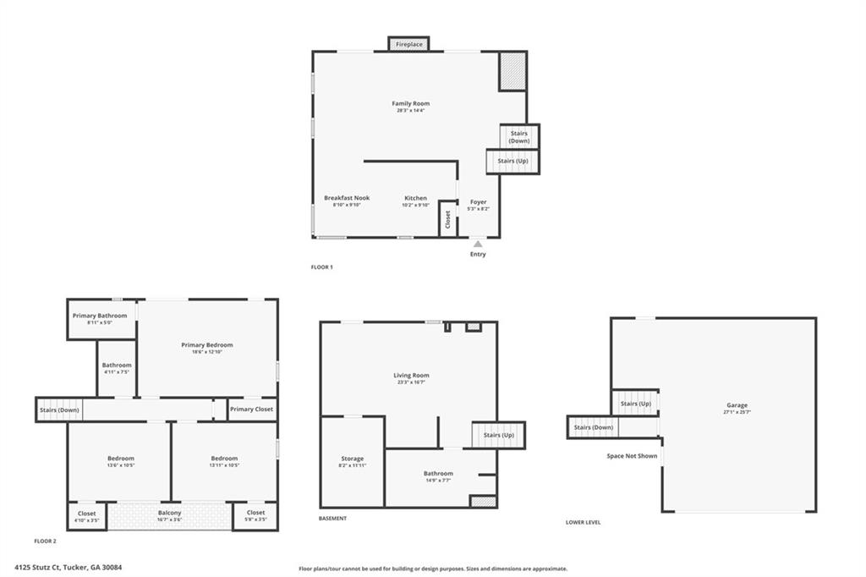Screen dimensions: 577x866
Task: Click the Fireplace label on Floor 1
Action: tap(409, 44)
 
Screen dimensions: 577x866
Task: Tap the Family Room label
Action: tap(410, 103)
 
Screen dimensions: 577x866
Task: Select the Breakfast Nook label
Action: tap(347, 198)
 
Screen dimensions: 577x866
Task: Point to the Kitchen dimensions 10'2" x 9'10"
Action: tap(415, 205)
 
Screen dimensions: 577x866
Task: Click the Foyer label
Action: tap(479, 202)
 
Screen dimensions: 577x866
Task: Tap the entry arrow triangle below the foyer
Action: tap(478, 245)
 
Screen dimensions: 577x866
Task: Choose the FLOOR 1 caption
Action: tap(322, 267)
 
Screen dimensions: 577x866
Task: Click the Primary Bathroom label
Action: tap(100, 316)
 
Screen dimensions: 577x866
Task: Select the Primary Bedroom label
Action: tap(206, 344)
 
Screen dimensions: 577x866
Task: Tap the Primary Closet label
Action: tap(252, 409)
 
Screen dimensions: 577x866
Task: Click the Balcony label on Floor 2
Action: tap(169, 513)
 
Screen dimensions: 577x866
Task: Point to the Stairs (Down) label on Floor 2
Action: tap(59, 410)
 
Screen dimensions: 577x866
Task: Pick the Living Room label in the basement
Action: tap(411, 375)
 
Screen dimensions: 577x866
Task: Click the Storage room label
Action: tap(352, 459)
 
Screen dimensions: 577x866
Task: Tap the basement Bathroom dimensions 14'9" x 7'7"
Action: tap(438, 481)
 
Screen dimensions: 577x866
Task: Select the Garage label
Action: tap(736, 405)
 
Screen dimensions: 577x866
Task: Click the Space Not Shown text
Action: tap(632, 456)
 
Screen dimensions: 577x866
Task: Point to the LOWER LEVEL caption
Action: tap(584, 522)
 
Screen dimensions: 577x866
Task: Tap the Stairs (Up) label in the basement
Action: tap(499, 435)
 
